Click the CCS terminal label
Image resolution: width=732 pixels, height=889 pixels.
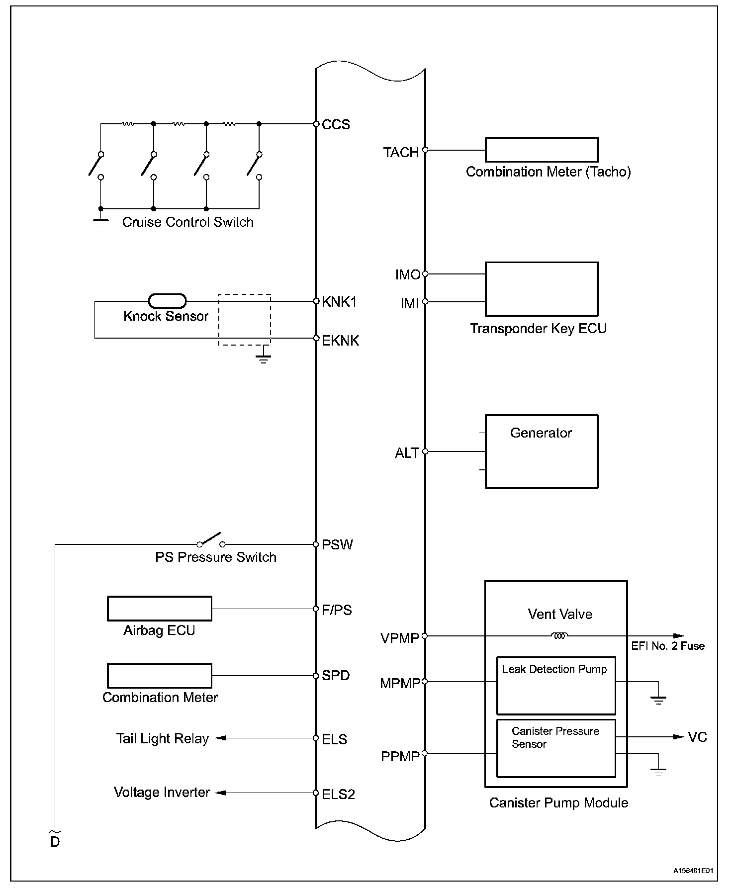point(336,124)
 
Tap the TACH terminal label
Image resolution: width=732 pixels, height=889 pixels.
point(401,152)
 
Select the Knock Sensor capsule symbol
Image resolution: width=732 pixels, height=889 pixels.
point(167,301)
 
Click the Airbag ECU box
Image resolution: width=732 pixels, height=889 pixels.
point(160,609)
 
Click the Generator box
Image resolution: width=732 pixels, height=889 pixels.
point(541,451)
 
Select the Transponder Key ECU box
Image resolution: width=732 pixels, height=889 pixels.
point(541,289)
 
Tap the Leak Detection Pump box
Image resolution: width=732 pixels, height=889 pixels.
point(556,686)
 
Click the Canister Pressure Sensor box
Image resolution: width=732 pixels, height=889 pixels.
point(556,748)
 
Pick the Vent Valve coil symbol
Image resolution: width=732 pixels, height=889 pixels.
point(559,635)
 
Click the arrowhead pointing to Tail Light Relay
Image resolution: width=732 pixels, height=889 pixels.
point(220,738)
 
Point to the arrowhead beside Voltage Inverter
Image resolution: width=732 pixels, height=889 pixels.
point(220,793)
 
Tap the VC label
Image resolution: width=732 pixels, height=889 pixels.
point(697,737)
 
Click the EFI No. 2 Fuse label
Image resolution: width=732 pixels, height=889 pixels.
point(668,646)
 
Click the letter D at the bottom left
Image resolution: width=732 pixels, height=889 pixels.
point(55,842)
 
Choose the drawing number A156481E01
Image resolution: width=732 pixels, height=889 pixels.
point(693,871)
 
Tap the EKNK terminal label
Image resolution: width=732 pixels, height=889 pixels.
point(340,341)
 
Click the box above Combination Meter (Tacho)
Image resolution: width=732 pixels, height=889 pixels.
point(541,150)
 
